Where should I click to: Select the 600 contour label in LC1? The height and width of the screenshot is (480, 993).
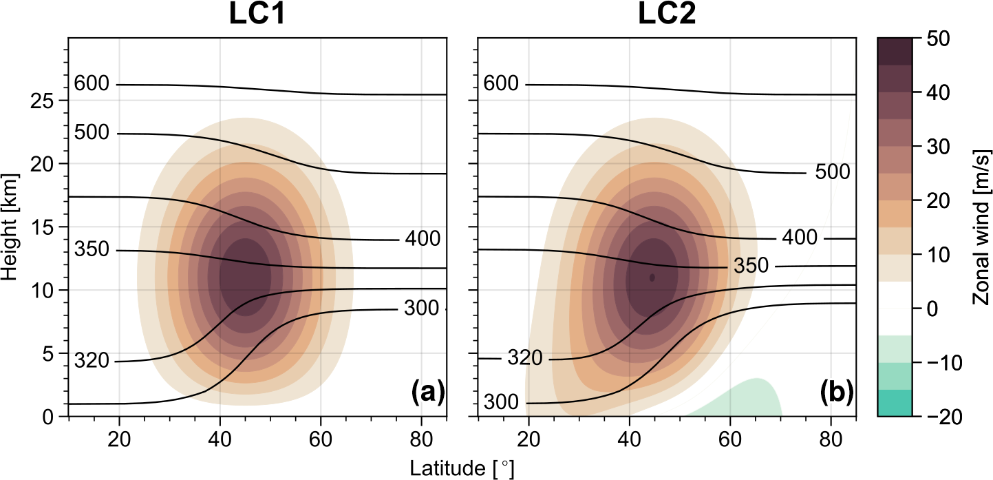click(92, 84)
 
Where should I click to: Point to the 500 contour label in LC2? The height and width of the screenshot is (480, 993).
click(833, 173)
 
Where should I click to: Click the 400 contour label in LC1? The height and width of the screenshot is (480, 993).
click(423, 239)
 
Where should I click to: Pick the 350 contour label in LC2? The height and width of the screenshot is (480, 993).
click(751, 267)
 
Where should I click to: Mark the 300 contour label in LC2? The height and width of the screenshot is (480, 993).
click(502, 402)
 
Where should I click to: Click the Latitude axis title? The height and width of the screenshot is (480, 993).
click(462, 468)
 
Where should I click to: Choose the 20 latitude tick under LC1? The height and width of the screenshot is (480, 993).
click(119, 439)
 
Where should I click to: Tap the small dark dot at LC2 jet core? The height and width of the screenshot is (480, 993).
click(652, 278)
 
